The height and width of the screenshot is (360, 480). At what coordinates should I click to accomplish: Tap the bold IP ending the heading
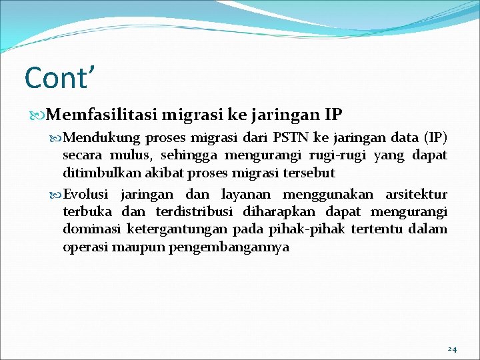tap(333, 115)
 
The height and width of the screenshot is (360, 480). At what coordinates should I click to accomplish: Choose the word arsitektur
tap(417, 195)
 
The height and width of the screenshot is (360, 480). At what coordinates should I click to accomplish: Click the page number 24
tap(452, 349)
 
